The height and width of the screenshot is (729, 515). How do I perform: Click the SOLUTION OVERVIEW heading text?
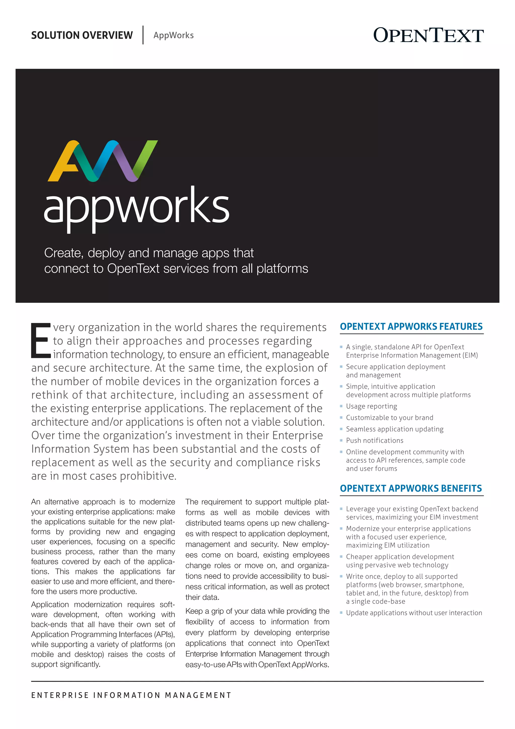coord(82,35)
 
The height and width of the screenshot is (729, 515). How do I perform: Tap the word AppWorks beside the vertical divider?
coord(174,35)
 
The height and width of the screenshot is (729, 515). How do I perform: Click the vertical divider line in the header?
coord(143,35)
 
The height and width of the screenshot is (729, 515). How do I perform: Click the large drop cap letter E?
coord(40,340)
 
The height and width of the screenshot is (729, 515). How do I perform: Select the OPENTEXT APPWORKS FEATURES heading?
coord(411,327)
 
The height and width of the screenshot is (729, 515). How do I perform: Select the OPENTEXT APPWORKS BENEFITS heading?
coord(411,488)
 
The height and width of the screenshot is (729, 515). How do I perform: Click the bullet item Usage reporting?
coord(371,406)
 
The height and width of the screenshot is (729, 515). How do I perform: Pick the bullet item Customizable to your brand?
coord(390,418)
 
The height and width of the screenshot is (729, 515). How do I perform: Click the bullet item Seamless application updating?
coord(395,429)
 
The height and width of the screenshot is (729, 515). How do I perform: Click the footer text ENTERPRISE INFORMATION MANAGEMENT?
coord(131,695)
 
